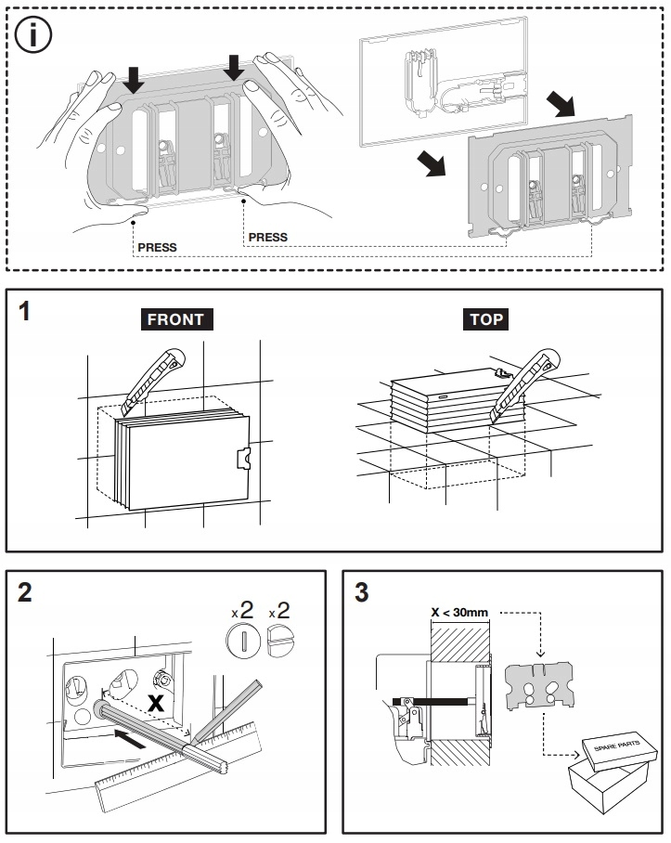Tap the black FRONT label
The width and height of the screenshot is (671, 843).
coord(175,319)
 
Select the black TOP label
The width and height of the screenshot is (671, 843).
coord(486,319)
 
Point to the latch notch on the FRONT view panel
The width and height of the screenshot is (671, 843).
coord(240,459)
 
